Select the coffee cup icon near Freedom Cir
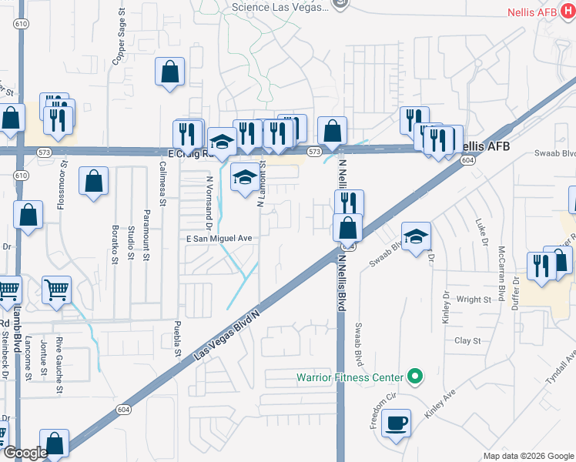396,423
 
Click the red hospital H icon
568,13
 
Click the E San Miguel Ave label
219,239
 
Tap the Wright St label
473,300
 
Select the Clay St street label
467,340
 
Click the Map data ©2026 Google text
527,456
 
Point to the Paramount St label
146,236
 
